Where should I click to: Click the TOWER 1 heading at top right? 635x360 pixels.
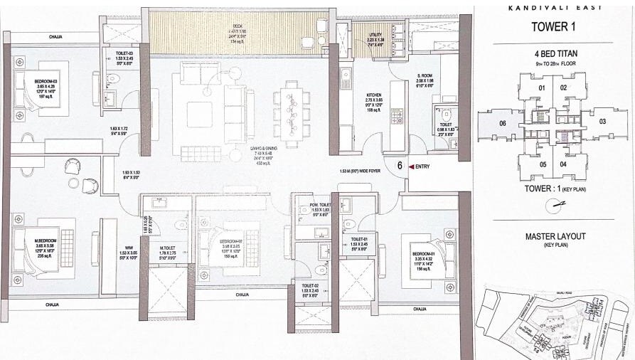tap(553, 28)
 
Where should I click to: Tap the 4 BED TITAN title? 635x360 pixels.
tap(553, 54)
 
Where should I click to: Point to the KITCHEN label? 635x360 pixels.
tap(375, 95)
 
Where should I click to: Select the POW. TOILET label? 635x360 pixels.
tap(319, 206)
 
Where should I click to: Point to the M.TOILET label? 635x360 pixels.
tap(168, 246)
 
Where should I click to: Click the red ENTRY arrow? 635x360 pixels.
tap(412, 166)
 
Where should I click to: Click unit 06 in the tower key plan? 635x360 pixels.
tap(503, 122)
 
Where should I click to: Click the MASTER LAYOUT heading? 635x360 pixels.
tap(553, 236)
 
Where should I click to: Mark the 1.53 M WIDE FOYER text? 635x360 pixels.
tap(362, 171)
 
